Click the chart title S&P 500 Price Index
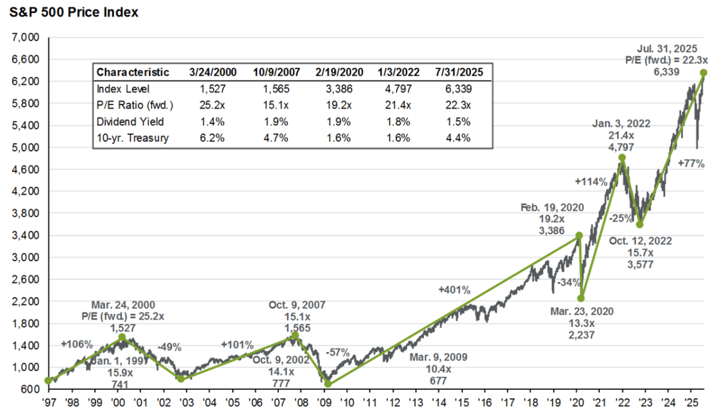coord(71,12)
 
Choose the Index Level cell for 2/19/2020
coord(338,89)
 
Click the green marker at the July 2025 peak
coord(703,72)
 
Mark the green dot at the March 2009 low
coord(328,384)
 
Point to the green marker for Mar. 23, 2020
coord(581,298)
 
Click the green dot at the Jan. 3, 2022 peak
coord(622,157)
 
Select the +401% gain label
coord(455,290)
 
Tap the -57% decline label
coord(337,352)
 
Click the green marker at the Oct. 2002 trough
coord(180,378)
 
